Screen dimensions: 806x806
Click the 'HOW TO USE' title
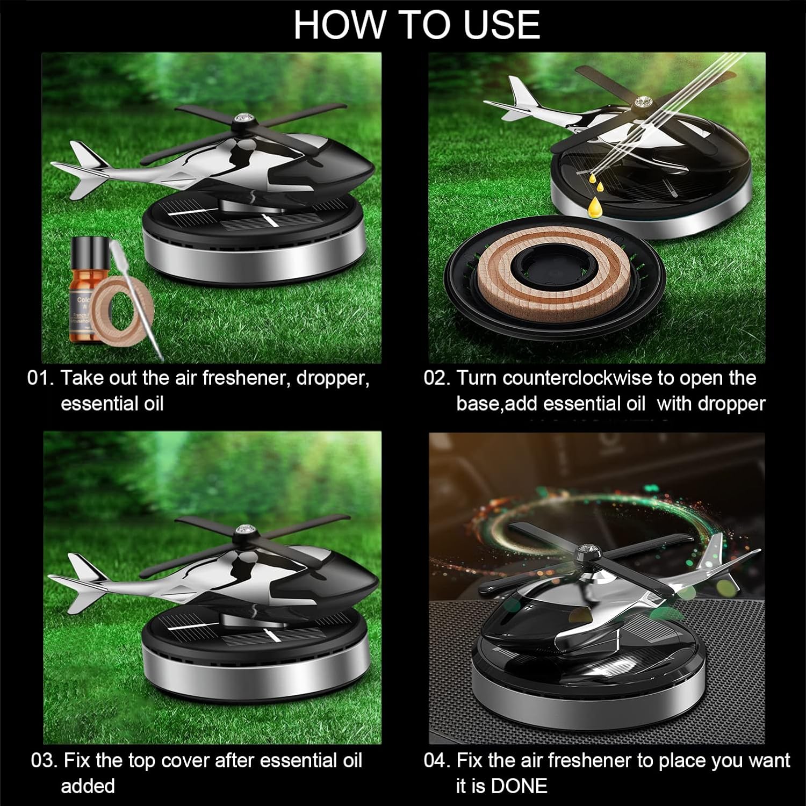click(416, 25)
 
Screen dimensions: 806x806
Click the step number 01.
click(40, 378)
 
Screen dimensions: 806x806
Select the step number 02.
click(437, 378)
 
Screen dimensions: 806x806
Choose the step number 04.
click(437, 761)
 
